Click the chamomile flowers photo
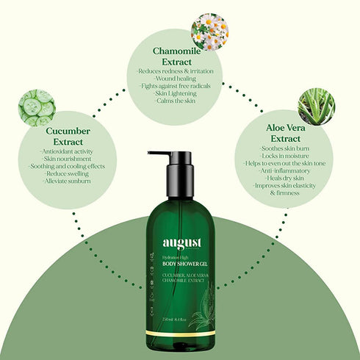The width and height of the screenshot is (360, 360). pos(209,32)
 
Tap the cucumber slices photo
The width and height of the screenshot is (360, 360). pos(37,108)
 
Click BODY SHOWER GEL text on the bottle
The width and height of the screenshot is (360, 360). pos(181,262)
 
